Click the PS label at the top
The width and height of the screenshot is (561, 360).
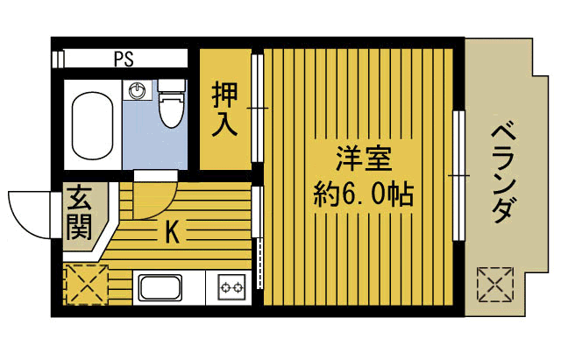pos(124,60)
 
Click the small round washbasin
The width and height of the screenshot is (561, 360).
pos(136,88)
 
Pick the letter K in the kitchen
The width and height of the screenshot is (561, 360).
pos(174,232)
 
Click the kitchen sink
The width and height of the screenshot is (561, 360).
pos(164,287)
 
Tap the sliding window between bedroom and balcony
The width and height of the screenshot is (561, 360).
pos(458,175)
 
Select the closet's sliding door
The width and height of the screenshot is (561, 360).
pos(257,109)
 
